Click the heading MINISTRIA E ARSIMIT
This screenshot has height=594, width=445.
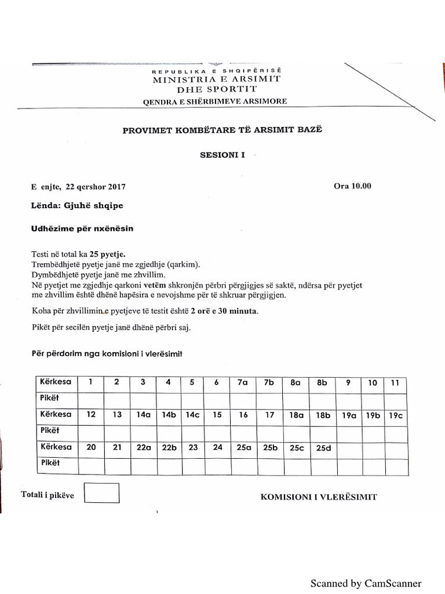pyautogui.click(x=216, y=78)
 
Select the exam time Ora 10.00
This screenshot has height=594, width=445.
pyautogui.click(x=352, y=186)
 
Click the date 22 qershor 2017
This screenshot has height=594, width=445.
pyautogui.click(x=96, y=187)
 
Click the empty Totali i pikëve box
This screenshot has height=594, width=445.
pyautogui.click(x=102, y=493)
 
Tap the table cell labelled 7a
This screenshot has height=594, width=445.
pyautogui.click(x=242, y=382)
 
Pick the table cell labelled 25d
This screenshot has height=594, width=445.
pyautogui.click(x=322, y=447)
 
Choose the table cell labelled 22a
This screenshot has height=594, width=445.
pyautogui.click(x=142, y=447)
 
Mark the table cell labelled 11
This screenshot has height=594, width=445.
pyautogui.click(x=395, y=382)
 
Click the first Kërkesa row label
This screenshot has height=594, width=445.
pyautogui.click(x=55, y=382)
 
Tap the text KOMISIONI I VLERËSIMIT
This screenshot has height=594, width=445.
pyautogui.click(x=319, y=497)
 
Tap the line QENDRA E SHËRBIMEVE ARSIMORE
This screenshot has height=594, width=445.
pyautogui.click(x=214, y=102)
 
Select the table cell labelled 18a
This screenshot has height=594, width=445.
pyautogui.click(x=296, y=415)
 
